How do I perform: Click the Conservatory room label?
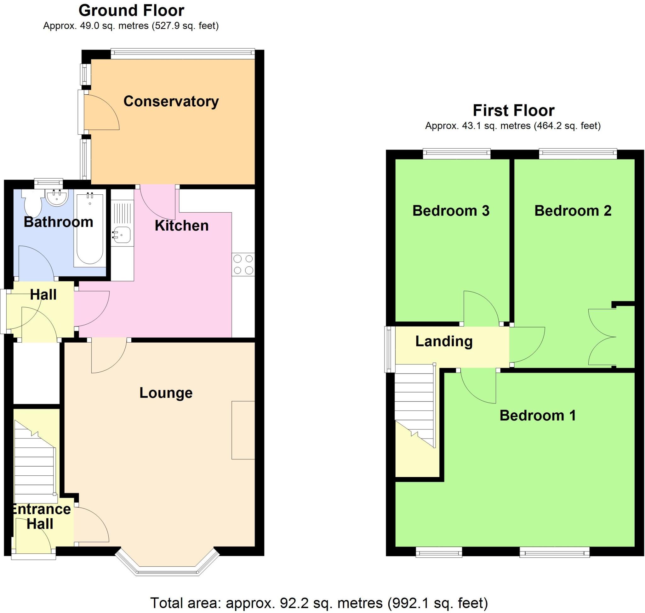[x=171, y=101]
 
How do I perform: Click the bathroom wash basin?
[x=57, y=197]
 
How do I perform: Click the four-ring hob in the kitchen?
[x=243, y=264]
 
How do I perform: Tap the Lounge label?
[x=166, y=393]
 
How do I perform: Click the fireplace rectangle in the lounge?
[x=243, y=430]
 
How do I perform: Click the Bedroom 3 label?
[x=451, y=211]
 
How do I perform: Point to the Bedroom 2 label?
[x=573, y=211]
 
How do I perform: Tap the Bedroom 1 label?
[x=537, y=416]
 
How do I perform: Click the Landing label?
[x=444, y=341]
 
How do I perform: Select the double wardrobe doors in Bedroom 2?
[x=602, y=337]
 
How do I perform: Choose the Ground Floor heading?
[x=131, y=10]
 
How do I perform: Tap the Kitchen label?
[x=181, y=226]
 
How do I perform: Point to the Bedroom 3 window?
[x=456, y=154]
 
